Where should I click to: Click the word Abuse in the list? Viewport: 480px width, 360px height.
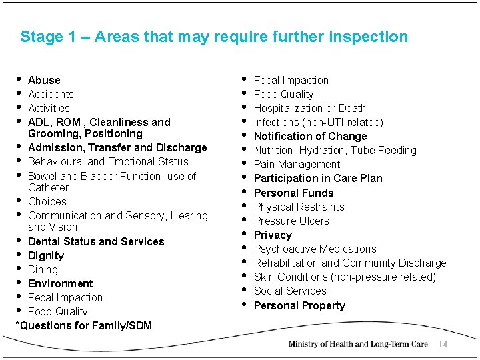(44, 80)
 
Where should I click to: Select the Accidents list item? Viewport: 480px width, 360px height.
(51, 95)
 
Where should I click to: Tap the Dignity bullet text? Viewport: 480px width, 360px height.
(46, 256)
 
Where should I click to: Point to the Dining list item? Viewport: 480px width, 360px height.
(43, 270)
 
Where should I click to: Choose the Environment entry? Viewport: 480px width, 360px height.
(61, 284)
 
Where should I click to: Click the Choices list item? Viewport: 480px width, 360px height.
(47, 202)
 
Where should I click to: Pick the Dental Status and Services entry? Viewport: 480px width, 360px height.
(96, 242)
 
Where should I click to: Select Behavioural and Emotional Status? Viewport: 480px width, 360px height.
(108, 162)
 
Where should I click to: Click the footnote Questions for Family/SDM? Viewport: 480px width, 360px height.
(85, 326)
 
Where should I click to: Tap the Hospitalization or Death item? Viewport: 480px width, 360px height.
(310, 109)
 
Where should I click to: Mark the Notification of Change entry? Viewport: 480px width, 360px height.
(311, 137)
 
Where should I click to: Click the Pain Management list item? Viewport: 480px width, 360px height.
(297, 165)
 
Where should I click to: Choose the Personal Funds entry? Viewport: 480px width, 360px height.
(294, 193)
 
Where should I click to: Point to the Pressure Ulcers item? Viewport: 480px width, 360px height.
(291, 221)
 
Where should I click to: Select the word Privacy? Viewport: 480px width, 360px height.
(273, 235)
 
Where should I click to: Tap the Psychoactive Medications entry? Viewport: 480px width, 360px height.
(315, 249)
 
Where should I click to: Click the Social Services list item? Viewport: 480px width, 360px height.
(290, 291)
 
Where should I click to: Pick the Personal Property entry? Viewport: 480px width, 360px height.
(299, 306)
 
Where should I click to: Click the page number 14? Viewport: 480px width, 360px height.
(442, 344)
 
